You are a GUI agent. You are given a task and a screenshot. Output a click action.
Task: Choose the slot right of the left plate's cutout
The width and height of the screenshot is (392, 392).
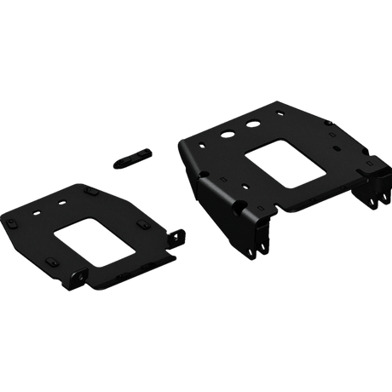(140, 225)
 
